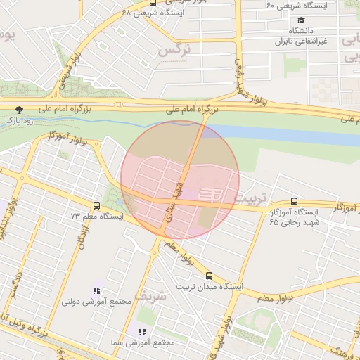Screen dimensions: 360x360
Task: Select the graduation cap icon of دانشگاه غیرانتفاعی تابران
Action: pos(301,20)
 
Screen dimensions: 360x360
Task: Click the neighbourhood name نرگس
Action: pos(175,50)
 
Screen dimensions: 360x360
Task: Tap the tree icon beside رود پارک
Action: pos(19,109)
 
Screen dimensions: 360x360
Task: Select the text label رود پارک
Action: pos(20,120)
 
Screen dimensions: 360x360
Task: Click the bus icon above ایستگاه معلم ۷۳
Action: pos(96,206)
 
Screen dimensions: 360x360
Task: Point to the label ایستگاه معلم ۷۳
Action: pos(96,217)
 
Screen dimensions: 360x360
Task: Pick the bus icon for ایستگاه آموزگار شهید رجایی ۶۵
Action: pos(294,201)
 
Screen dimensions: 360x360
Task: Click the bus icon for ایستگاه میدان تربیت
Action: pos(209,276)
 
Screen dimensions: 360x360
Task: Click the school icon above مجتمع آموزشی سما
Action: pos(141,331)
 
